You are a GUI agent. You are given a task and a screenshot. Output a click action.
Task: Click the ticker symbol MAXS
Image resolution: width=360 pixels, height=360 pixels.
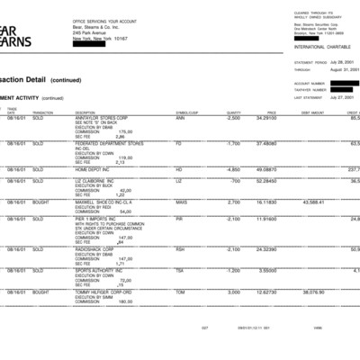181,202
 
